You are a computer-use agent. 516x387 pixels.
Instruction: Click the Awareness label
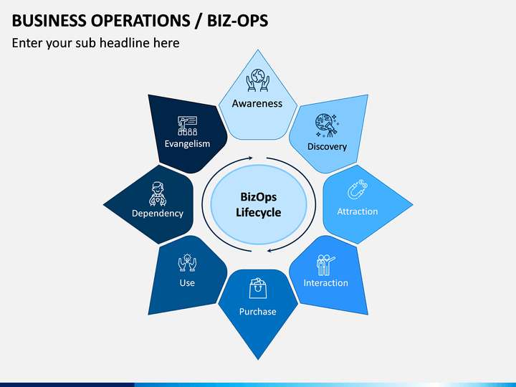pyautogui.click(x=257, y=103)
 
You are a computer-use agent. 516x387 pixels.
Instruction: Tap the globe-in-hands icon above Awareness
pyautogui.click(x=257, y=80)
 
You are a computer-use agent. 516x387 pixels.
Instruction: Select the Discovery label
pyautogui.click(x=327, y=147)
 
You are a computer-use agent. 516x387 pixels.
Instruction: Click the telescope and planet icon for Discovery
pyautogui.click(x=327, y=125)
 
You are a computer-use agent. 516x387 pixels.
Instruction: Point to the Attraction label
pyautogui.click(x=358, y=211)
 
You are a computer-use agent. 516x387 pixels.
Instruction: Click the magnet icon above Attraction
pyautogui.click(x=357, y=191)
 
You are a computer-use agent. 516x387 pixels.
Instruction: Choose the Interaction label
pyautogui.click(x=326, y=283)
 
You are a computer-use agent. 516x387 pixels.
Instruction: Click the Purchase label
pyautogui.click(x=258, y=312)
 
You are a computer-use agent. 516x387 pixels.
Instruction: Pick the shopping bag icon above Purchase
pyautogui.click(x=258, y=289)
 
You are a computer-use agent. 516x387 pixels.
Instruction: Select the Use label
pyautogui.click(x=187, y=283)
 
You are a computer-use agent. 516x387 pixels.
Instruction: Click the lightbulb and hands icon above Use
pyautogui.click(x=187, y=262)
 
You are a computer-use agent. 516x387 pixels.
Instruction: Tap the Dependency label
pyautogui.click(x=158, y=214)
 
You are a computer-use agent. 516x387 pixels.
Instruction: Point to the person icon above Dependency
pyautogui.click(x=158, y=192)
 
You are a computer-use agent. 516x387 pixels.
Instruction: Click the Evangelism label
pyautogui.click(x=187, y=143)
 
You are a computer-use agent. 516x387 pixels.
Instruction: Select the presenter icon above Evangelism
pyautogui.click(x=187, y=125)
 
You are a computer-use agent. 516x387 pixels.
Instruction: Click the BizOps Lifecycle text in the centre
pyautogui.click(x=258, y=204)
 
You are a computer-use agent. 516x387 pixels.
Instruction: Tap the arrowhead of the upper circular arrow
pyautogui.click(x=251, y=158)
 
